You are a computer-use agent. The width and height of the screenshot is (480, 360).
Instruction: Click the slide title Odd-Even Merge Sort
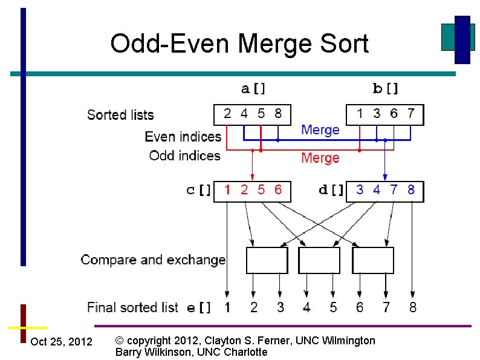coord(239,44)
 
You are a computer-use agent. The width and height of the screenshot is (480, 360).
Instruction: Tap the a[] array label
coord(253,89)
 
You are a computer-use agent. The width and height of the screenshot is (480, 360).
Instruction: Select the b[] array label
coord(386,89)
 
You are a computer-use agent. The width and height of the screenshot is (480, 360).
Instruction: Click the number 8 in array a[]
coord(277,113)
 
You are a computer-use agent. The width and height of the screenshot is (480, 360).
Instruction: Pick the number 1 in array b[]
coord(360,113)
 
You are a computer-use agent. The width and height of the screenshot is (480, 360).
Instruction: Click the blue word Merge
coord(320,129)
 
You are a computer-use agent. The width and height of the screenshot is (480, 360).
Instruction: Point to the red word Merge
coord(320,158)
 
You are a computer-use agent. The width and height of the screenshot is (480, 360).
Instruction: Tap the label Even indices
coord(183,137)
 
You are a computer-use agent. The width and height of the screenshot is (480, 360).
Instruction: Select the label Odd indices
coord(184,155)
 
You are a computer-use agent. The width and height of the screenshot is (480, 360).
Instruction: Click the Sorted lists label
coord(120,115)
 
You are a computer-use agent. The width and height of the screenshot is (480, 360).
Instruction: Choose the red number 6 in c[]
coord(277,190)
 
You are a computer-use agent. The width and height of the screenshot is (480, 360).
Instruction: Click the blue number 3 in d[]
coord(360,190)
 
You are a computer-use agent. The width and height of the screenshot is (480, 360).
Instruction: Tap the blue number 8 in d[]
coord(411,190)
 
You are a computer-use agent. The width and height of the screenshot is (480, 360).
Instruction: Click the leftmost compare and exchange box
coord(267,260)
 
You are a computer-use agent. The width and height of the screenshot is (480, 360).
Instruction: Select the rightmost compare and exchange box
coord(372,260)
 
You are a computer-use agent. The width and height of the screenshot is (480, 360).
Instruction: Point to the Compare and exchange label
coord(153,260)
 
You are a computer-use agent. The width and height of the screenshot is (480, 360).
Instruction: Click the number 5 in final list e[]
coord(333,307)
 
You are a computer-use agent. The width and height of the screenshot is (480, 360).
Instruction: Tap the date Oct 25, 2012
coord(61,342)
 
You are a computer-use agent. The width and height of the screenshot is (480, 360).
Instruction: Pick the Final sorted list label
coord(132,307)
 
